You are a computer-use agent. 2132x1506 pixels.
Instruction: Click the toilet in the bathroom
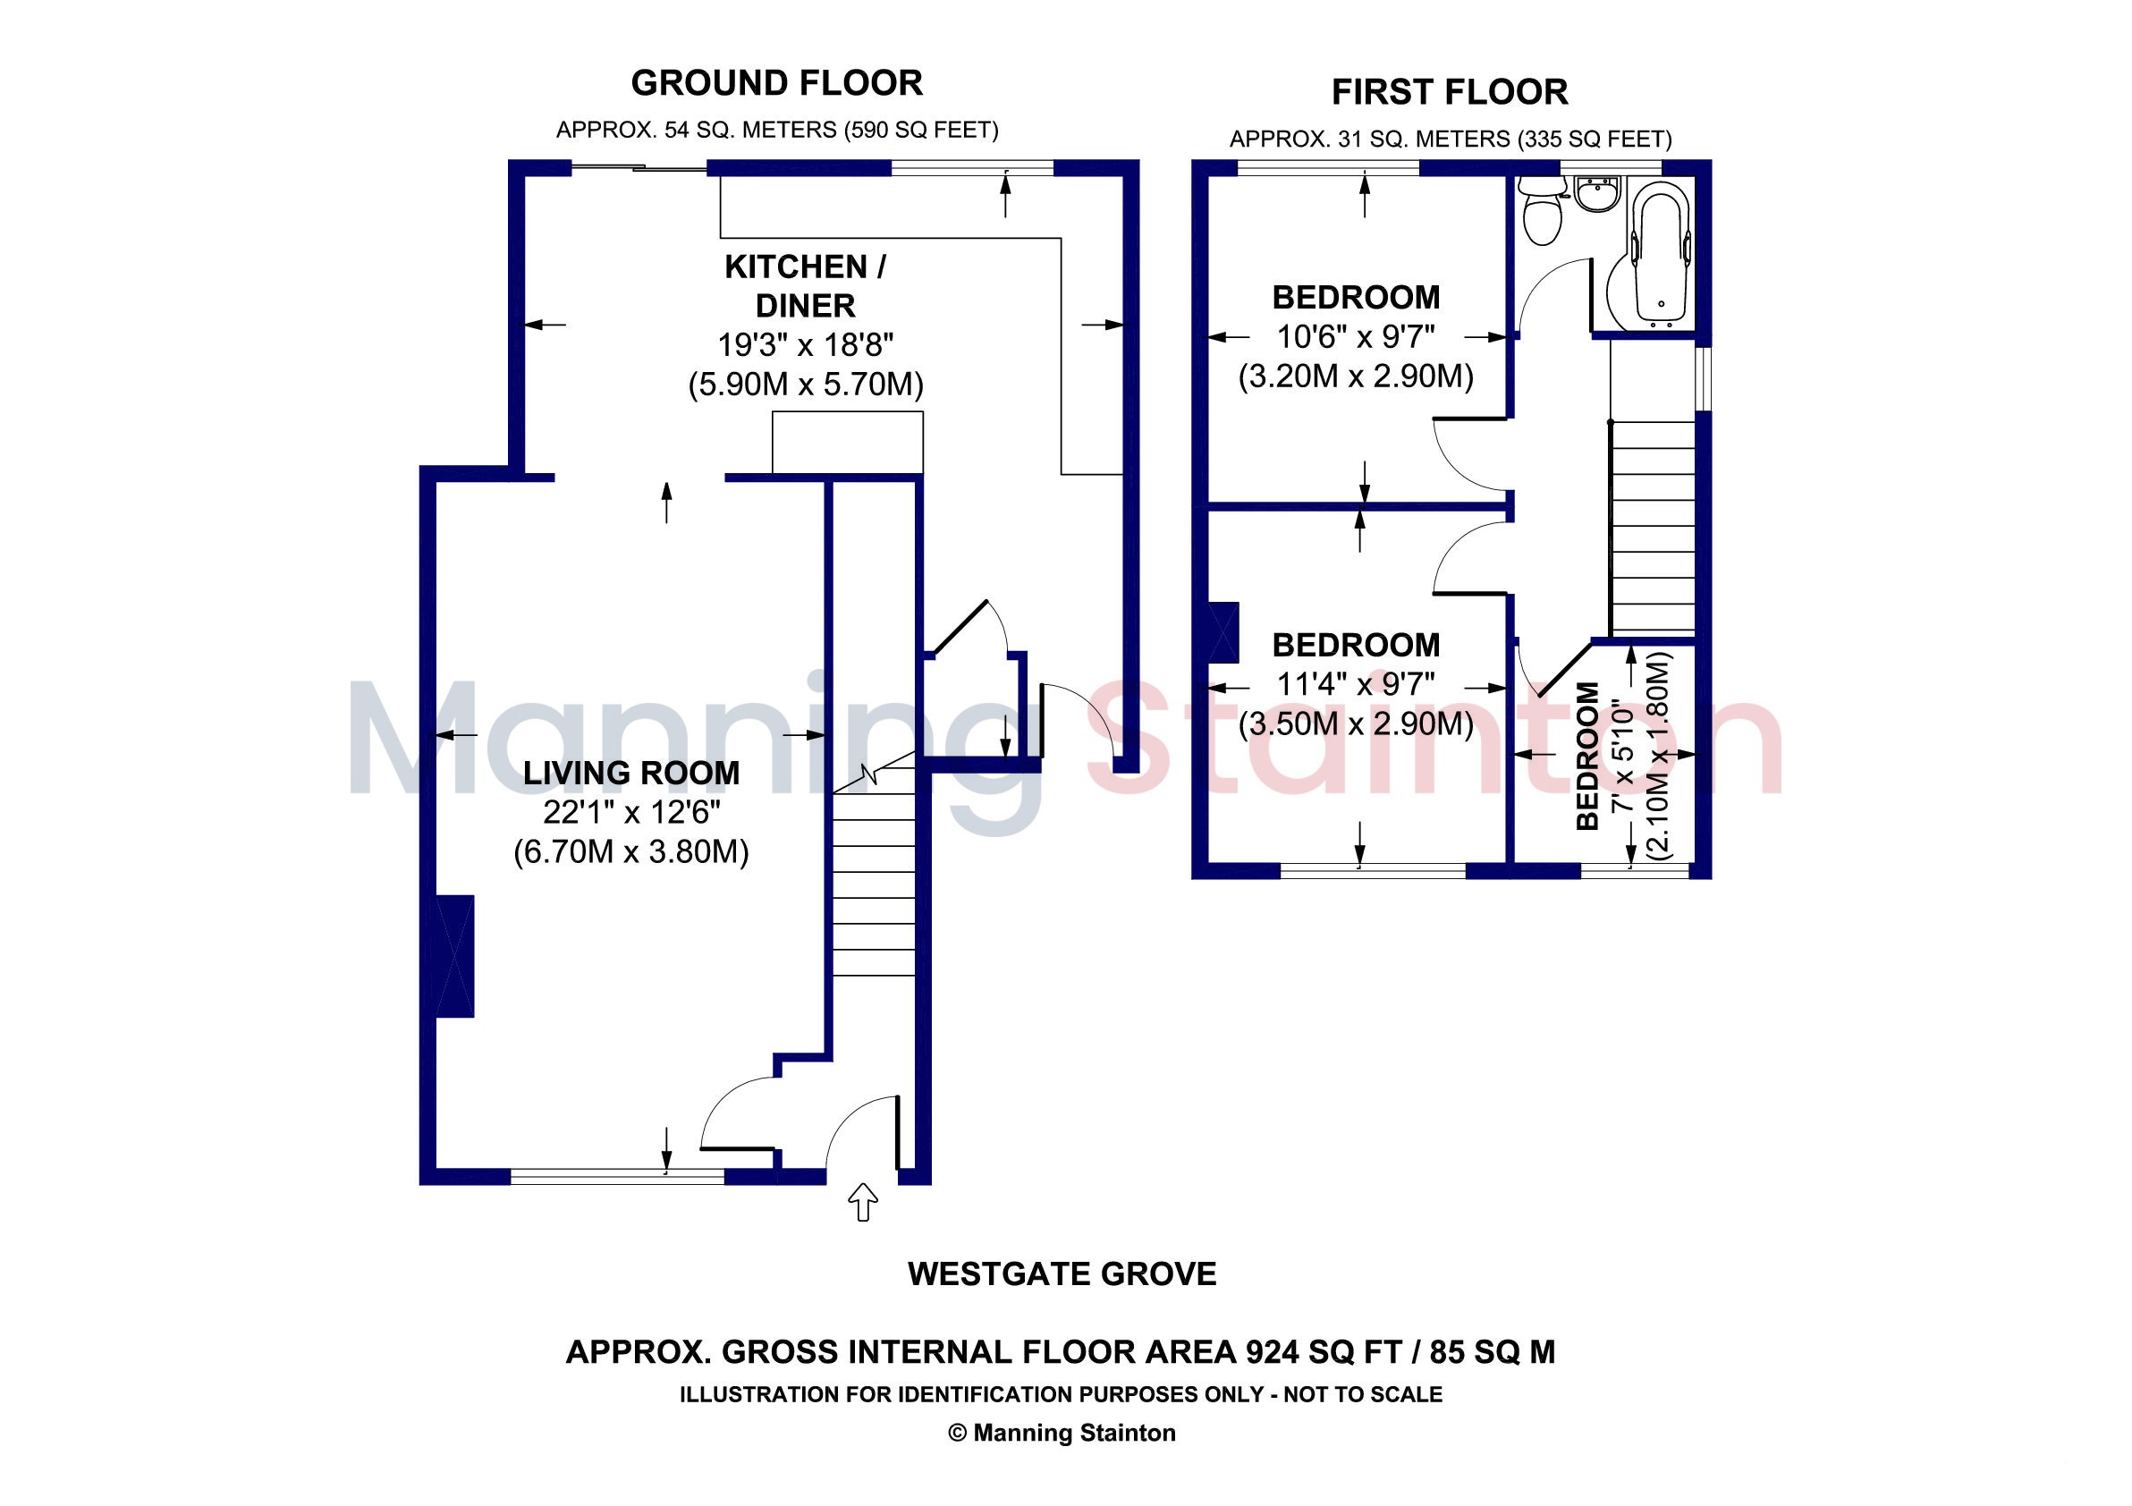(x=1542, y=211)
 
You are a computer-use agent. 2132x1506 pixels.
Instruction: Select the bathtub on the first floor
(x=1662, y=253)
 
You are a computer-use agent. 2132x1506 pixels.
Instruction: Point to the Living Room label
(x=631, y=773)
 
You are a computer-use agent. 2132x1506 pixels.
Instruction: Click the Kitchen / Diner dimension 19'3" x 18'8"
(x=805, y=344)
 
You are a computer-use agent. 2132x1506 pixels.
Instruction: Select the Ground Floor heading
(x=777, y=82)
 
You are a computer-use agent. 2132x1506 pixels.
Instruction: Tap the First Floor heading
(x=1450, y=92)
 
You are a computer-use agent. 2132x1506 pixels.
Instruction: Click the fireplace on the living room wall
(x=455, y=955)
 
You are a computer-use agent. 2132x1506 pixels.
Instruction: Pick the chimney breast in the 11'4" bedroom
(x=1223, y=632)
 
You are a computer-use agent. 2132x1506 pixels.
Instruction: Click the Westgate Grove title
(x=1062, y=1273)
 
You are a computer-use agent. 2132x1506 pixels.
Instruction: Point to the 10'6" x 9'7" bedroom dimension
(x=1356, y=336)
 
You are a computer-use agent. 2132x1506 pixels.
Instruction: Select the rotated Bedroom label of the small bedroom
(x=1588, y=756)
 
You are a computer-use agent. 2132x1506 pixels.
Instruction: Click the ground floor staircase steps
(x=874, y=883)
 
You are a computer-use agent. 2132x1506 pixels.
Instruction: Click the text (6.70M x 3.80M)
(x=631, y=851)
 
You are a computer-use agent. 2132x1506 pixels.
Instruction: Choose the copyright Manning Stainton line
(x=1062, y=1433)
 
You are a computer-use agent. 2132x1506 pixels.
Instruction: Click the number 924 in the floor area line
(x=1273, y=1351)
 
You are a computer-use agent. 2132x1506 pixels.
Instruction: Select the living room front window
(x=617, y=1176)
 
